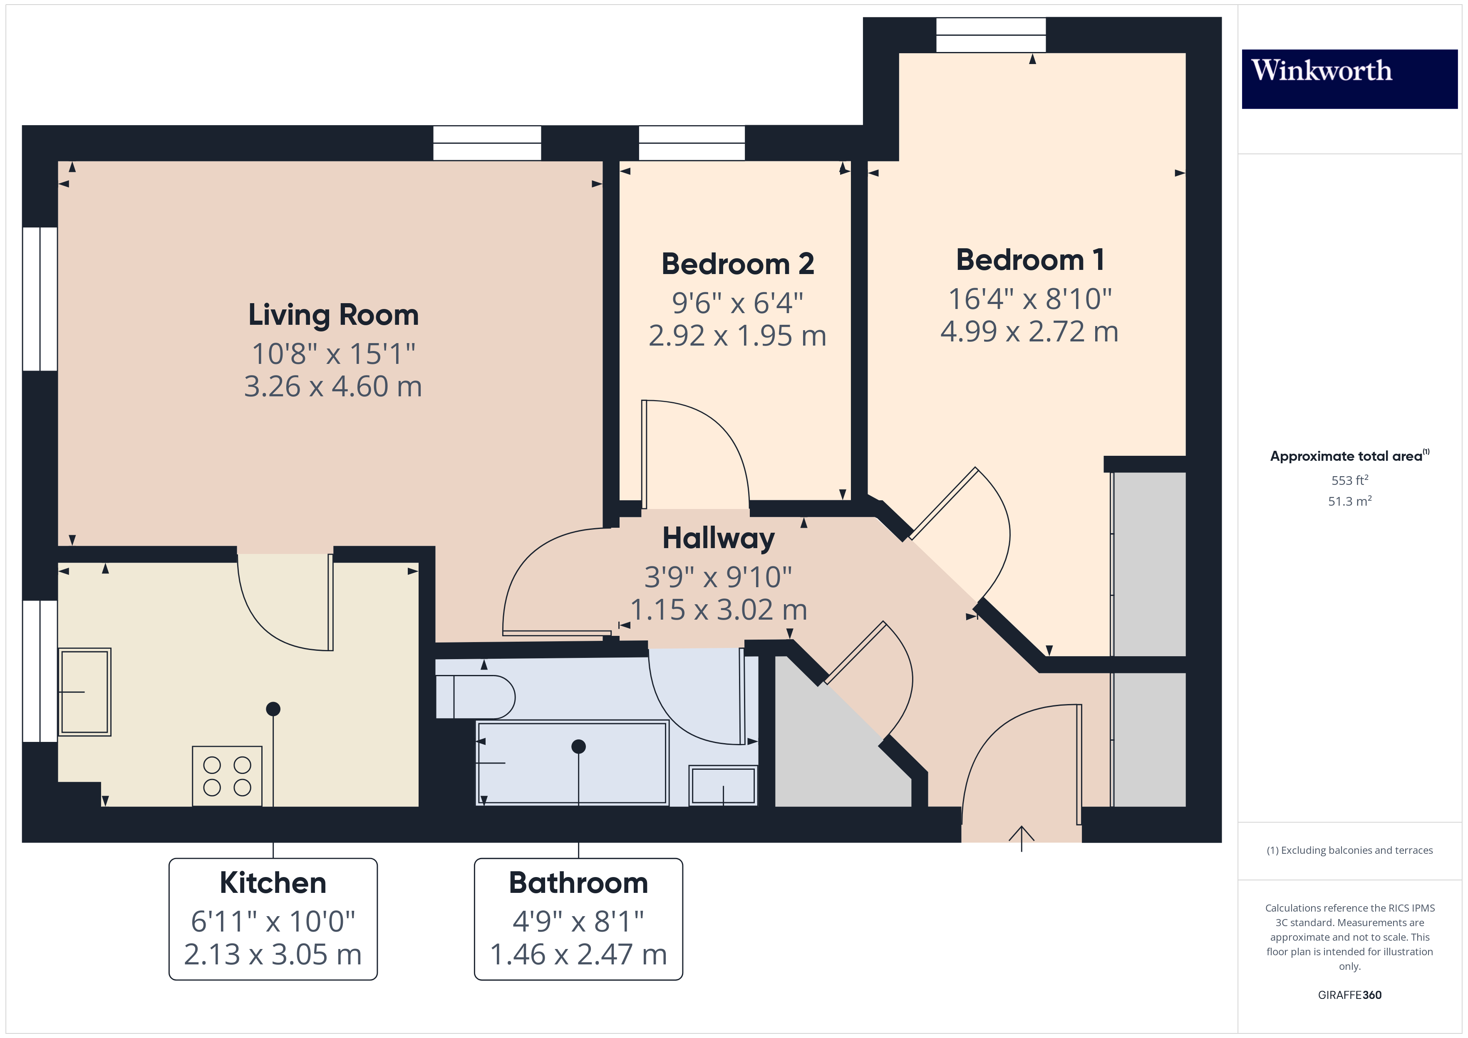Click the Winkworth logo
point(1349,79)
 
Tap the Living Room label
point(333,316)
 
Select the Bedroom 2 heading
point(737,264)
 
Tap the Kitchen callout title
point(273,883)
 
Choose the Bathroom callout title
point(578,883)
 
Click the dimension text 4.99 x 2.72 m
point(1029,332)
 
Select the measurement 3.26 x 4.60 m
point(333,387)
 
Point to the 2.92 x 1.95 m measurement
point(737,336)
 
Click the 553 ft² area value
point(1350,479)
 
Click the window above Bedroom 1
point(991,35)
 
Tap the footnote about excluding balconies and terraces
point(1350,850)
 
